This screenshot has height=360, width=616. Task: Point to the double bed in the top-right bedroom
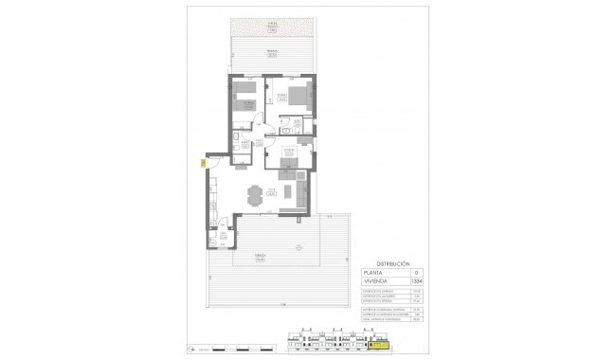(x=297, y=95)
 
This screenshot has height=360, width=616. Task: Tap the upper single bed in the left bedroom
(x=245, y=87)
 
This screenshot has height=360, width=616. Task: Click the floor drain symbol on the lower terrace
(x=299, y=247)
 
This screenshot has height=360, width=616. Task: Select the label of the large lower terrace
(x=257, y=257)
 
